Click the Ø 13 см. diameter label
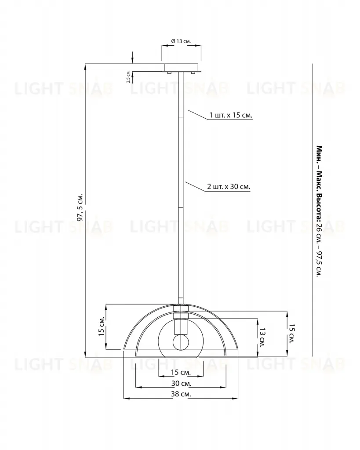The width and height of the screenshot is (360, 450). point(181,41)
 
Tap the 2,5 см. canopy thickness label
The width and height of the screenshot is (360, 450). point(128,76)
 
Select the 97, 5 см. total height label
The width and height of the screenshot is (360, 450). point(80,207)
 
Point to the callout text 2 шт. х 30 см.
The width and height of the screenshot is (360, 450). point(229,187)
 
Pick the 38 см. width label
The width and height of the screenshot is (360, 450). point(181,394)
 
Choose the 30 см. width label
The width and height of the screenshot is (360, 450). point(181,383)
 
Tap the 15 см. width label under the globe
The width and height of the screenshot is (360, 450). point(181,373)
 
